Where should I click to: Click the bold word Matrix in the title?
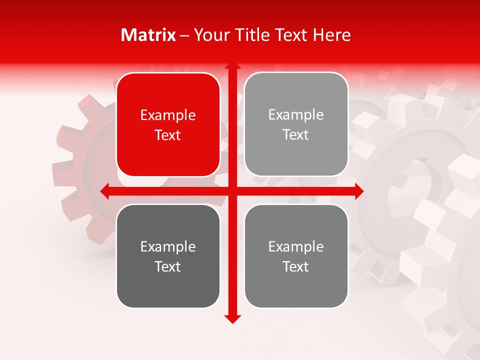[148, 35]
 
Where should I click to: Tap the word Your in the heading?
[210, 35]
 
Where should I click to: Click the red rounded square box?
[168, 124]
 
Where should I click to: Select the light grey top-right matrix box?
[296, 124]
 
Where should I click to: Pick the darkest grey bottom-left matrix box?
[168, 256]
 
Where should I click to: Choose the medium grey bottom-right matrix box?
[296, 256]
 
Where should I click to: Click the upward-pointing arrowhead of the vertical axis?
[232, 66]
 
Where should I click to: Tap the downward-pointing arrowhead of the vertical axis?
[232, 319]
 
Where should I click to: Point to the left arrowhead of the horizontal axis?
[104, 191]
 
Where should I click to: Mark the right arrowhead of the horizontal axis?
[359, 191]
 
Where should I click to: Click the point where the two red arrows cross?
[232, 191]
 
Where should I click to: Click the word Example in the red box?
[168, 115]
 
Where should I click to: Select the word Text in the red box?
[168, 135]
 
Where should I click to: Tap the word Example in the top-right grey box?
[296, 114]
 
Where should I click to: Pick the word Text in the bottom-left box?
[168, 266]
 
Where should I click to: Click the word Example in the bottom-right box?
[296, 246]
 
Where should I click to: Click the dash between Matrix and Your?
[184, 35]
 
